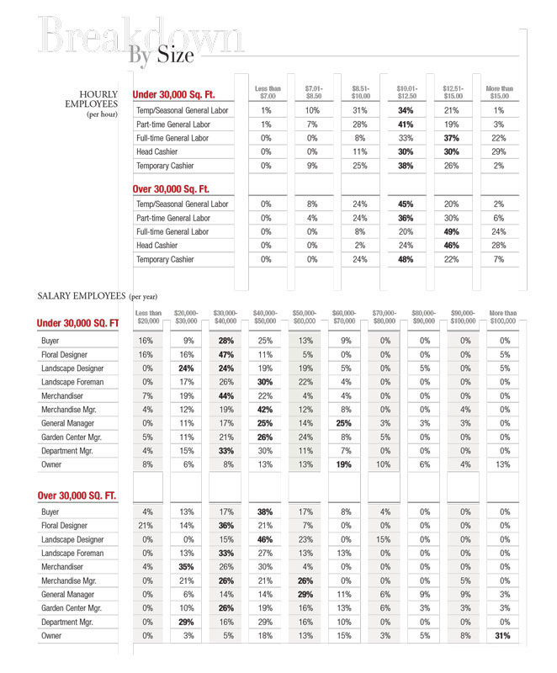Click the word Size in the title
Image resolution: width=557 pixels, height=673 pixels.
(175, 56)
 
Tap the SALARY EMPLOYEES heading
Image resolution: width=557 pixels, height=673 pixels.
(82, 296)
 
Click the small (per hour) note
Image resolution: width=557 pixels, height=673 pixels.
(102, 114)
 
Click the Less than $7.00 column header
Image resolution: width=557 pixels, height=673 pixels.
(268, 93)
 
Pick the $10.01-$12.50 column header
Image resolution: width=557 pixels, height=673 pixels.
(406, 93)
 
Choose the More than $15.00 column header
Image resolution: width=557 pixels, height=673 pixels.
(499, 93)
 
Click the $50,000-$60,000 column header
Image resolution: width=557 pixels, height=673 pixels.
(304, 317)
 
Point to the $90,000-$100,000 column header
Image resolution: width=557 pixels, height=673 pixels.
(463, 317)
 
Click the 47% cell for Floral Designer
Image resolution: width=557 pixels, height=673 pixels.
(225, 355)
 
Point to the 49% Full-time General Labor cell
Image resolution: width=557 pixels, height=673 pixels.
(452, 231)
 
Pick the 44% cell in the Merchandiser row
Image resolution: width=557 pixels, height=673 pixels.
(225, 396)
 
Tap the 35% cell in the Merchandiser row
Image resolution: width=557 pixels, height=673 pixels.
(187, 567)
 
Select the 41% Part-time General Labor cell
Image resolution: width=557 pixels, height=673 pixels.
(406, 124)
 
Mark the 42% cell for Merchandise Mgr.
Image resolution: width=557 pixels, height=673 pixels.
(265, 410)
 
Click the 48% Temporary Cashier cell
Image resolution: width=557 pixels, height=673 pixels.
(406, 259)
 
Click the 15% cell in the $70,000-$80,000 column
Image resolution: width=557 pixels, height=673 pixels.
(384, 539)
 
